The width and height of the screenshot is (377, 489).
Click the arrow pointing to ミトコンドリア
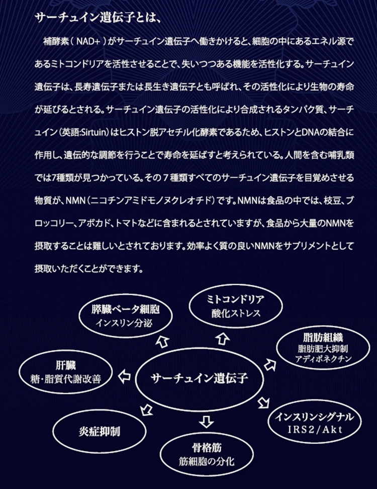pyautogui.click(x=222, y=339)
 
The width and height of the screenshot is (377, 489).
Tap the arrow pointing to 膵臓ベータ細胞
pyautogui.click(x=162, y=341)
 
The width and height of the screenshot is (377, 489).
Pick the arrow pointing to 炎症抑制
pyautogui.click(x=146, y=410)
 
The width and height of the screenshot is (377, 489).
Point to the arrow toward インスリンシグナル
pyautogui.click(x=264, y=402)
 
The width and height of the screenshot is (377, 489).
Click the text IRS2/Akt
pyautogui.click(x=317, y=429)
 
